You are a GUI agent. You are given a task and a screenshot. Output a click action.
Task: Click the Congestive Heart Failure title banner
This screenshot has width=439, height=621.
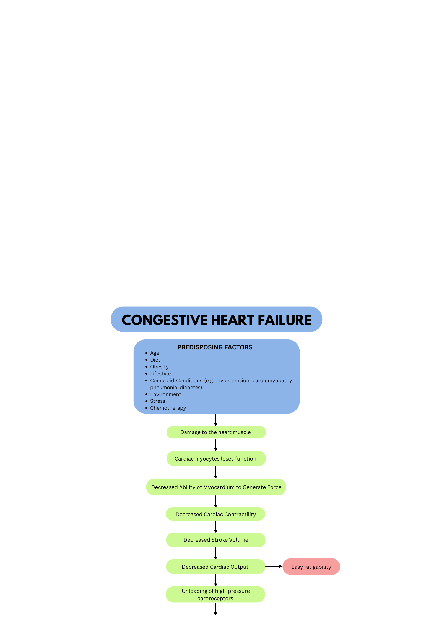pyautogui.click(x=216, y=319)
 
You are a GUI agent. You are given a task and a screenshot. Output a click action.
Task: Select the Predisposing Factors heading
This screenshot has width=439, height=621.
pyautogui.click(x=215, y=347)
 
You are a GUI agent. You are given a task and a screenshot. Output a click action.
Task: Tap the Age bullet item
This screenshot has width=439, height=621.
pyautogui.click(x=155, y=353)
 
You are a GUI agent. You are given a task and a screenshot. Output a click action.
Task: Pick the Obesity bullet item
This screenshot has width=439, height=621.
pyautogui.click(x=159, y=367)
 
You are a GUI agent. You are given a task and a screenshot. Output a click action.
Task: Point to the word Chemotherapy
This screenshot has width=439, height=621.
pyautogui.click(x=168, y=408)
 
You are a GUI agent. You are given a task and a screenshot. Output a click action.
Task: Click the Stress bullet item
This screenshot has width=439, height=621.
pyautogui.click(x=157, y=401)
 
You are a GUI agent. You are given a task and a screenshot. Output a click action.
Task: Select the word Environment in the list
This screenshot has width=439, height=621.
pyautogui.click(x=165, y=394)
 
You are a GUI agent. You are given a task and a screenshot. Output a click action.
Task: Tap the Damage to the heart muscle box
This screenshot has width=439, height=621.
pyautogui.click(x=216, y=432)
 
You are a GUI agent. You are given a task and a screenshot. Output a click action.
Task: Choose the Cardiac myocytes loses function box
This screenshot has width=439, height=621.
pyautogui.click(x=216, y=459)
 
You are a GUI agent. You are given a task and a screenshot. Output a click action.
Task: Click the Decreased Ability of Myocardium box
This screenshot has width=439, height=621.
pyautogui.click(x=216, y=487)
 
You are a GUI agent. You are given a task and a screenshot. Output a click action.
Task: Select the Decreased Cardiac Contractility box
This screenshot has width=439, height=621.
pyautogui.click(x=215, y=514)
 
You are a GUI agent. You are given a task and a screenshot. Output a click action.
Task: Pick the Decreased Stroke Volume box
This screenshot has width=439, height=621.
pyautogui.click(x=216, y=540)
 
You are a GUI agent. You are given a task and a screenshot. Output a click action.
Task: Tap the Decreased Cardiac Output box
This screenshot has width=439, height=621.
pyautogui.click(x=216, y=567)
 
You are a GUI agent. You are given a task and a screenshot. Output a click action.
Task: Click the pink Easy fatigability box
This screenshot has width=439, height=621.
pyautogui.click(x=311, y=567)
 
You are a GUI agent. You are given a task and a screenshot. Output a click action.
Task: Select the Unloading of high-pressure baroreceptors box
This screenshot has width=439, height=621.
pyautogui.click(x=215, y=594)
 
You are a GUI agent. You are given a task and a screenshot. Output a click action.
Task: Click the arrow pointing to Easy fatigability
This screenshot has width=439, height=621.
pyautogui.click(x=274, y=566)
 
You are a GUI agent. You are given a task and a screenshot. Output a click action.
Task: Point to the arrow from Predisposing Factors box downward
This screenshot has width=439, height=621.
pyautogui.click(x=216, y=420)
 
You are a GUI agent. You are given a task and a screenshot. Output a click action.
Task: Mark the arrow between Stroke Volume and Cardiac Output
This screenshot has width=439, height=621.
pyautogui.click(x=216, y=553)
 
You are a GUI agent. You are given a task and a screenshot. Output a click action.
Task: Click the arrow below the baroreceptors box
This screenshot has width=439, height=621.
pyautogui.click(x=215, y=609)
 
